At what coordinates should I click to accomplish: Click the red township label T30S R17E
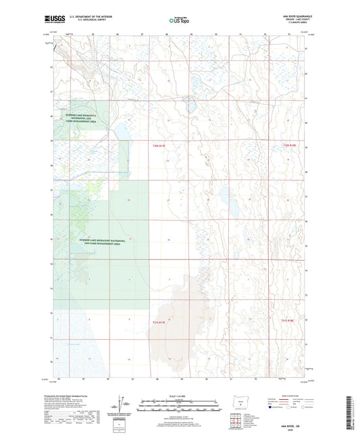pos(158,145)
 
